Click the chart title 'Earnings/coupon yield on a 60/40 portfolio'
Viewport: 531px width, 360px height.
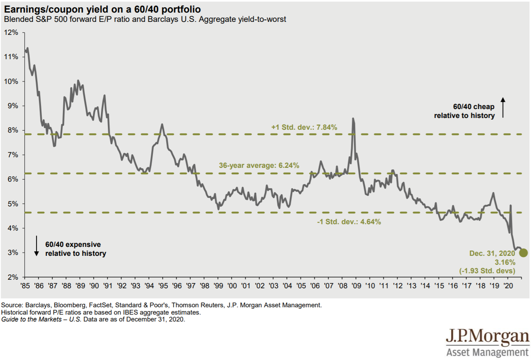[101, 9]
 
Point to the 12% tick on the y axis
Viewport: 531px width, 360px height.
[12, 32]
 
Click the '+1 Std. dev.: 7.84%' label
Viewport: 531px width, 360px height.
[304, 127]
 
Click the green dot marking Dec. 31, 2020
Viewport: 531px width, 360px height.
[523, 253]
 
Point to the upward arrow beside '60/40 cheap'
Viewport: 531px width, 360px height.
[503, 107]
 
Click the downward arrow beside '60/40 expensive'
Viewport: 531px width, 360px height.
[36, 246]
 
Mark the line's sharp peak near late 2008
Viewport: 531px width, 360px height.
[353, 119]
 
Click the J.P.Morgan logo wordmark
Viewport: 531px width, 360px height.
[488, 337]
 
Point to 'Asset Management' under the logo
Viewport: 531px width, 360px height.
[488, 352]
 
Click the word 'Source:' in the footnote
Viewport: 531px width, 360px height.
[13, 305]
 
